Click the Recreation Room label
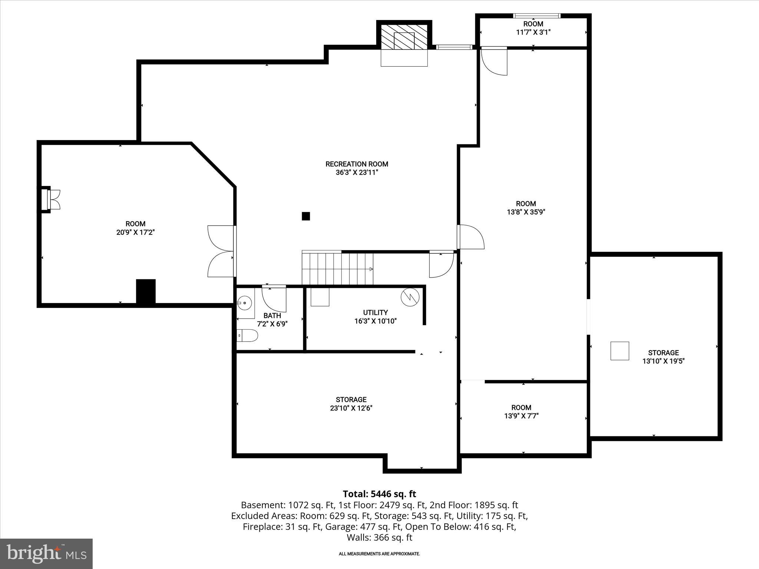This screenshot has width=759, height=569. (357, 164)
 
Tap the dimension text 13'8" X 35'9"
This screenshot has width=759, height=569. (526, 212)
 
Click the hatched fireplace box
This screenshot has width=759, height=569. (404, 37)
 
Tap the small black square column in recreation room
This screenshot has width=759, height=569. (306, 216)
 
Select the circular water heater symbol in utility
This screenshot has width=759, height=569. (410, 297)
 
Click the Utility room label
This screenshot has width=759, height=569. (375, 312)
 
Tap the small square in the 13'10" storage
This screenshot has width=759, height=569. (620, 351)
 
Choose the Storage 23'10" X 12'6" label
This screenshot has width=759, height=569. (351, 404)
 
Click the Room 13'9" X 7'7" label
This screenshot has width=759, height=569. (521, 412)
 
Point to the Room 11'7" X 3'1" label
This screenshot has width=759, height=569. (533, 28)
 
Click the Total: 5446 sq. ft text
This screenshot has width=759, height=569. (379, 494)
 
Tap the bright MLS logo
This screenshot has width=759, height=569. (46, 553)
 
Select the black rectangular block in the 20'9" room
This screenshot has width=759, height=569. (146, 292)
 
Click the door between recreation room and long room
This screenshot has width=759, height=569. (470, 237)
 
